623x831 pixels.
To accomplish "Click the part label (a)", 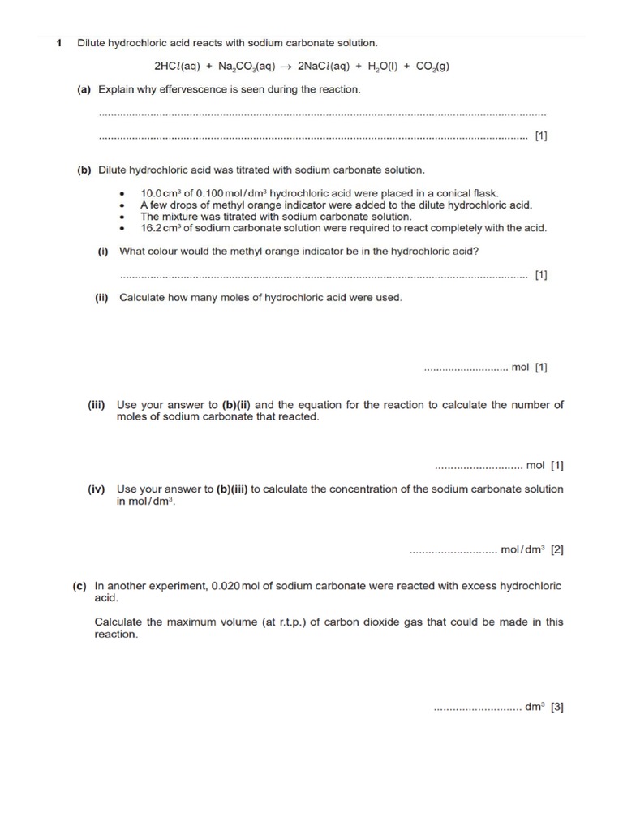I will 84,89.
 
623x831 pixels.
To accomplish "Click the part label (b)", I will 84,170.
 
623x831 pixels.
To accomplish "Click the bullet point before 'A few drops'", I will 122,206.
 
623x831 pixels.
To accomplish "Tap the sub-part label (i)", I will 104,252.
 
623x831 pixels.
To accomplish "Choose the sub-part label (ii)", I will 101,298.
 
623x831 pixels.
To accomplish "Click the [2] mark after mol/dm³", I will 556,549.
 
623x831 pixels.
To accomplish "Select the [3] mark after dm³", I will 556,708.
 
